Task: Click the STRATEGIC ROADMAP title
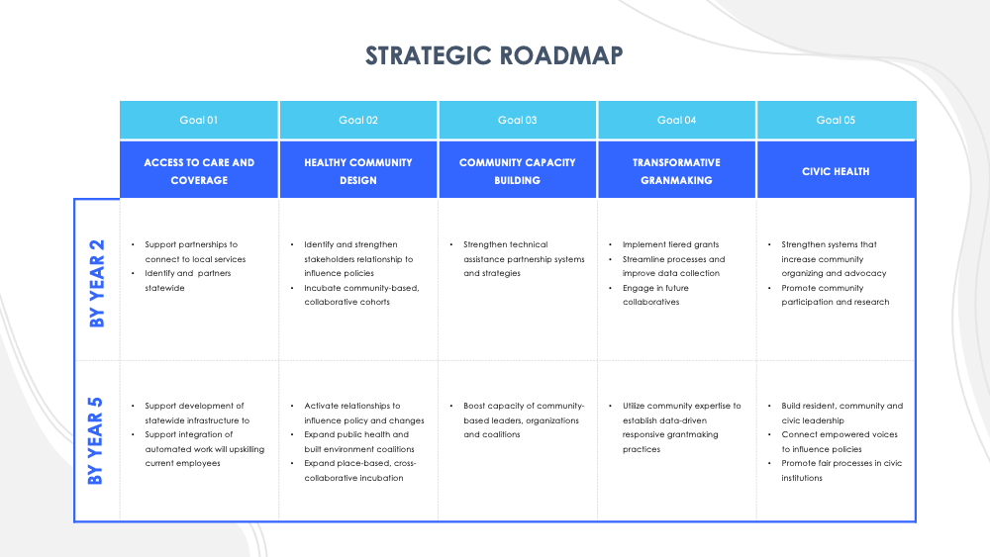click(494, 55)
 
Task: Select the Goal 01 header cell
click(199, 120)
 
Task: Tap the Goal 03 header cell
click(517, 120)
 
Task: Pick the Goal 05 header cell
click(836, 120)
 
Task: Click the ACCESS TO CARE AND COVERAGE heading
click(199, 171)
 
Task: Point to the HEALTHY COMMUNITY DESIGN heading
click(358, 171)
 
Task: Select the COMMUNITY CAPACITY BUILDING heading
click(517, 171)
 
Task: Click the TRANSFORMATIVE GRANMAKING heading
click(677, 171)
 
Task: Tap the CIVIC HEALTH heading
click(836, 171)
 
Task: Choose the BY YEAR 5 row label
click(96, 441)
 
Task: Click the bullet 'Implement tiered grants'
click(670, 244)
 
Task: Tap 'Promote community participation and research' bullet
click(835, 295)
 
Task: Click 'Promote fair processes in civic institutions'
click(841, 470)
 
